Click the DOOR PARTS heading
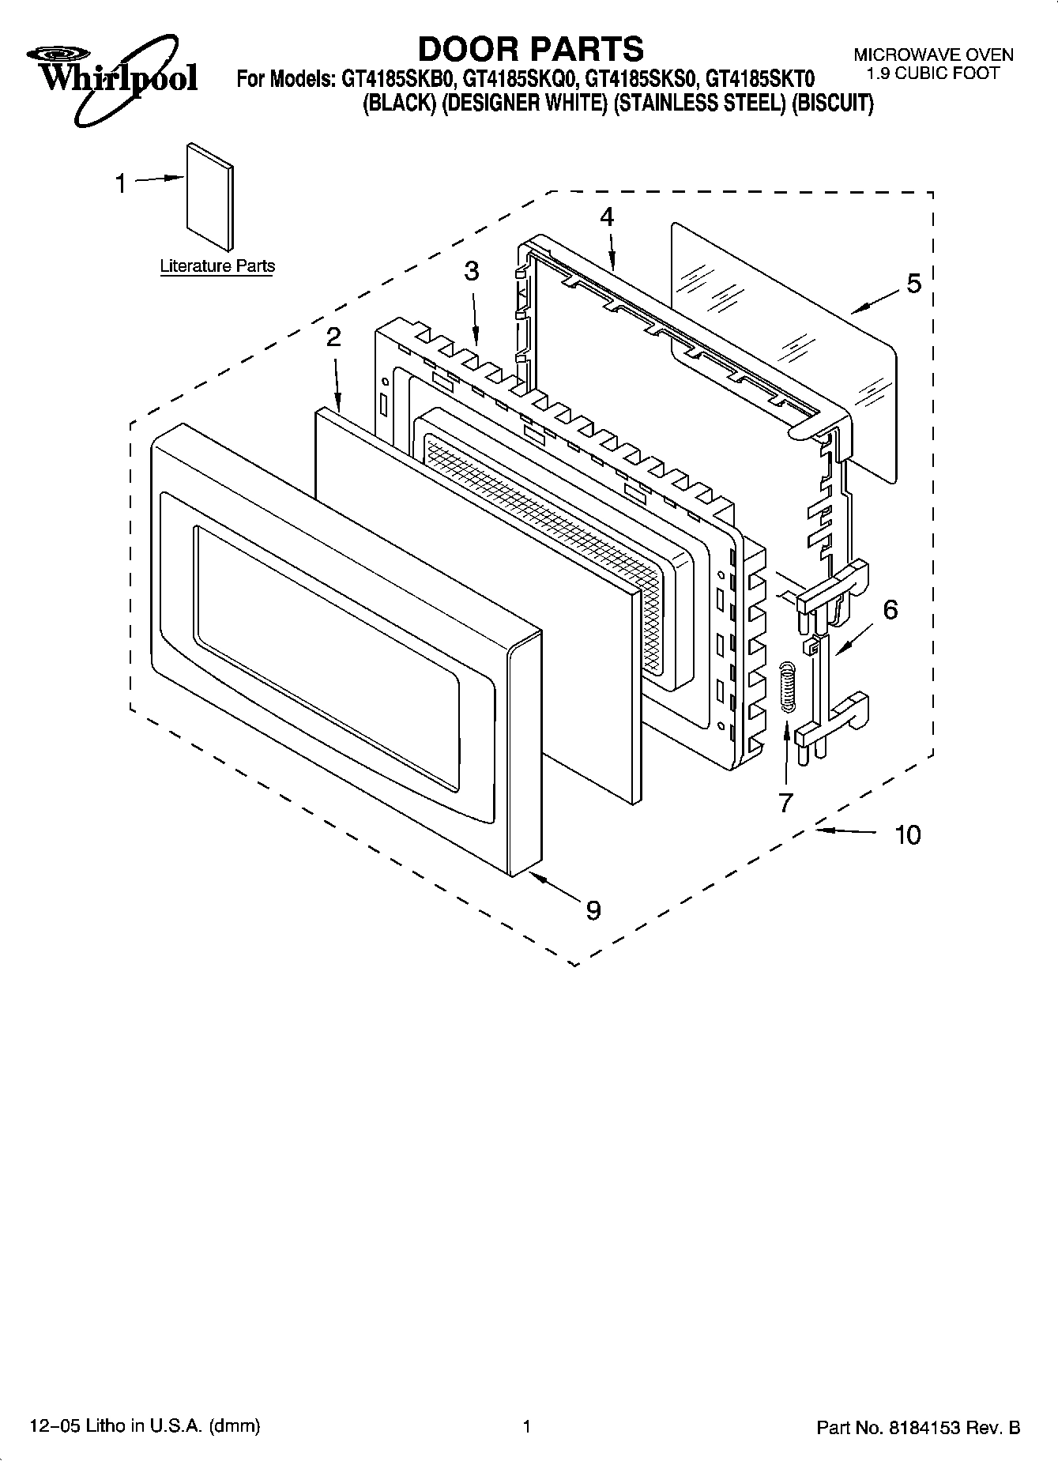pyautogui.click(x=530, y=49)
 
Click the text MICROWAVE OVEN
pyautogui.click(x=932, y=55)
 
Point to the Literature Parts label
pyautogui.click(x=217, y=266)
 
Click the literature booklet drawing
pyautogui.click(x=210, y=196)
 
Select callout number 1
pyautogui.click(x=120, y=184)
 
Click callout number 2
pyautogui.click(x=333, y=337)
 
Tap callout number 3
pyautogui.click(x=471, y=272)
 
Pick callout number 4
pyautogui.click(x=606, y=217)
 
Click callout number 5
pyautogui.click(x=913, y=283)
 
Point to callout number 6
pyautogui.click(x=890, y=609)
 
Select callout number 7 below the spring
pyautogui.click(x=785, y=802)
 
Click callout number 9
pyautogui.click(x=593, y=910)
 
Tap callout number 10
pyautogui.click(x=908, y=834)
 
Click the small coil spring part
pyautogui.click(x=786, y=687)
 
